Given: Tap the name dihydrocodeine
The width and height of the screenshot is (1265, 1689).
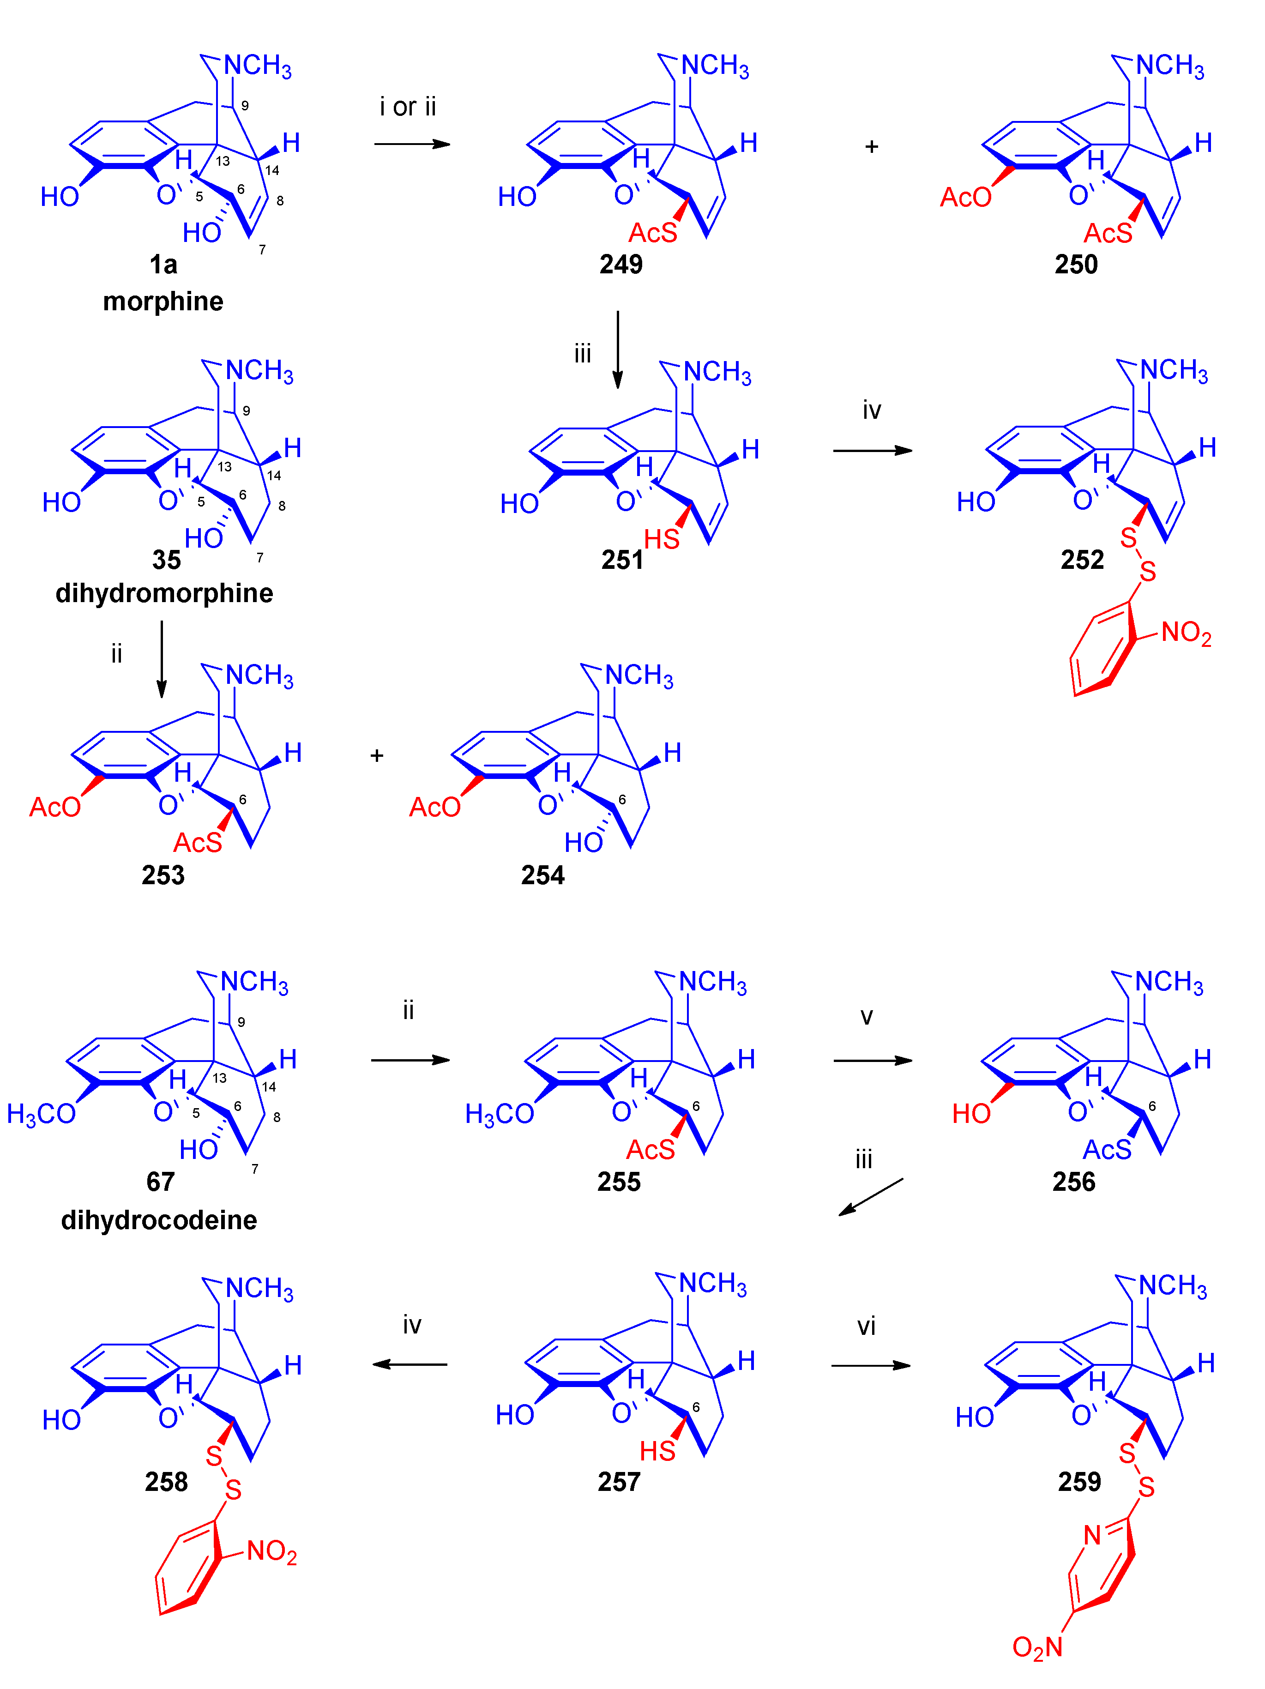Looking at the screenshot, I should [x=159, y=1219].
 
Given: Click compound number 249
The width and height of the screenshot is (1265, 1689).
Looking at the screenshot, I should [x=620, y=264].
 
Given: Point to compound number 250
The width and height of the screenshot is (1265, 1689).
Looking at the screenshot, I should [x=1076, y=264].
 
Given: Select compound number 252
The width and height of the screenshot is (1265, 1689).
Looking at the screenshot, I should [x=1082, y=560].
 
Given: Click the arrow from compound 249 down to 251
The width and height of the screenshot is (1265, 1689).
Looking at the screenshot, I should [x=618, y=349].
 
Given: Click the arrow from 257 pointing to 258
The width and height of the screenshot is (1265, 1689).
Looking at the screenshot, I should [x=410, y=1364].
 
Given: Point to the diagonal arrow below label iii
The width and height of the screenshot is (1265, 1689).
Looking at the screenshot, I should [x=870, y=1196].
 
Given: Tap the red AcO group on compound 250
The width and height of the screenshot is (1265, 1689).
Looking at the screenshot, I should [x=965, y=197].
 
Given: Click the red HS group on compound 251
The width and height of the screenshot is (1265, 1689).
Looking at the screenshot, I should [x=661, y=539].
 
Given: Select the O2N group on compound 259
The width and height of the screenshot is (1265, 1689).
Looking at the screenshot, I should [x=1037, y=1647].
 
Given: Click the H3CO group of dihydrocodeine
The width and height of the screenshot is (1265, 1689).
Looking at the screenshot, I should [x=41, y=1114].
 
